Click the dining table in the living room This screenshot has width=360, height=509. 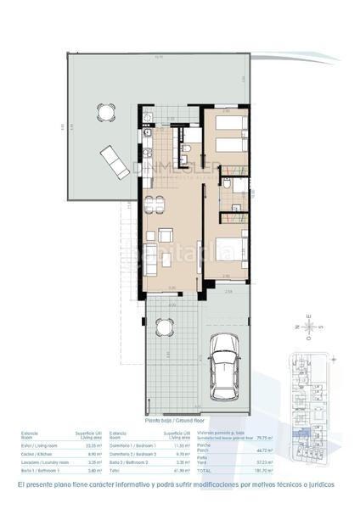(x=153, y=205)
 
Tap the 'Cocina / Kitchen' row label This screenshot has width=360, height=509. (x=33, y=453)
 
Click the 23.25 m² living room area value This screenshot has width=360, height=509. (x=93, y=445)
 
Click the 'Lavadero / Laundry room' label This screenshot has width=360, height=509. (x=39, y=461)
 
